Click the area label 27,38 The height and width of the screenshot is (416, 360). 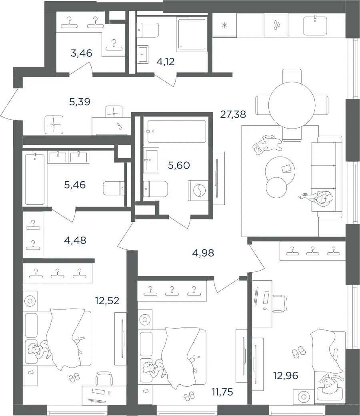click(x=233, y=115)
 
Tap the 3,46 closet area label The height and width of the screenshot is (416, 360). click(x=81, y=53)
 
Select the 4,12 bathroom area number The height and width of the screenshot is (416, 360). click(x=166, y=62)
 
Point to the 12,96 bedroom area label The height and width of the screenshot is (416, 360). click(x=286, y=376)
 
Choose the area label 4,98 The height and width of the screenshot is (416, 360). click(x=203, y=253)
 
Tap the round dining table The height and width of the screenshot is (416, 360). click(x=292, y=105)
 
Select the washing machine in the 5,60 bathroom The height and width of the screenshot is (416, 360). click(x=198, y=190)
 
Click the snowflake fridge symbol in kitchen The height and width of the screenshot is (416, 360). click(x=224, y=26)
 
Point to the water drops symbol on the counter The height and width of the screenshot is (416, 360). click(x=276, y=24)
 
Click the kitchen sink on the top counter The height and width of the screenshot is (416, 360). click(x=315, y=25)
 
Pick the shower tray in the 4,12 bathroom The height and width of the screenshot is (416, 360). click(x=192, y=34)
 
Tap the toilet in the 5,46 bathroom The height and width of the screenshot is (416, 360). click(x=114, y=188)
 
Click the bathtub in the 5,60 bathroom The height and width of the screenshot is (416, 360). click(x=177, y=131)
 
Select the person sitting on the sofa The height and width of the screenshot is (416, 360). click(x=317, y=197)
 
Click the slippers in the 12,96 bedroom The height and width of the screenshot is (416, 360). click(x=298, y=352)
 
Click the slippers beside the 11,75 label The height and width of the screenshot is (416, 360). click(x=189, y=397)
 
